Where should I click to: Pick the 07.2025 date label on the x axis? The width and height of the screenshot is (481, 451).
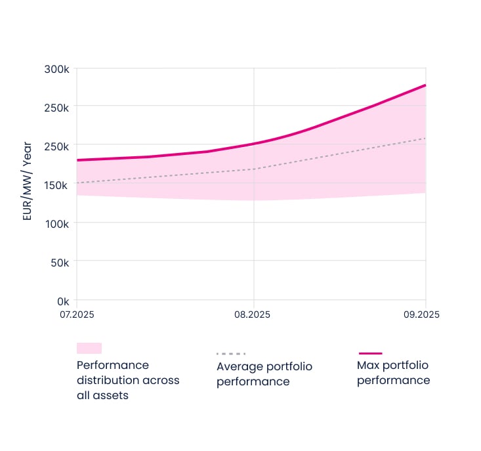click(x=77, y=314)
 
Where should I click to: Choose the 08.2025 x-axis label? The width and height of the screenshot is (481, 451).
click(x=253, y=314)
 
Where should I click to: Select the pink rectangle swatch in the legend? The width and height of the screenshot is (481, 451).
click(x=89, y=348)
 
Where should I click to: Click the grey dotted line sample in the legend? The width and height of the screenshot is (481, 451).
click(x=230, y=354)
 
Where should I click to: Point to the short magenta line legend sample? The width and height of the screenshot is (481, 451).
click(x=370, y=353)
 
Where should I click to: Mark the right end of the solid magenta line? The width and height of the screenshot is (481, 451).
click(x=426, y=85)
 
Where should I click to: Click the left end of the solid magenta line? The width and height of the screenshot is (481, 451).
click(x=77, y=160)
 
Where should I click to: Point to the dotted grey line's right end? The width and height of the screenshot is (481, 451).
click(x=426, y=138)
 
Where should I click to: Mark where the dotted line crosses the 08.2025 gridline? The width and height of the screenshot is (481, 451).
click(x=254, y=169)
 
